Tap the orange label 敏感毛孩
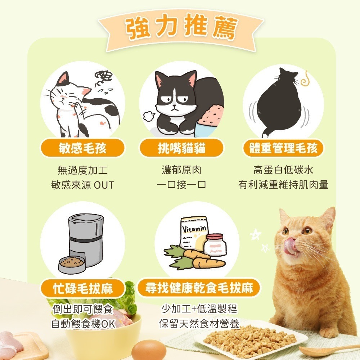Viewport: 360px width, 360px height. click(82, 148)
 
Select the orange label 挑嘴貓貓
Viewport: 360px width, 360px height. click(181, 148)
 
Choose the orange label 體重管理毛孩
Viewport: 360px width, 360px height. click(283, 148)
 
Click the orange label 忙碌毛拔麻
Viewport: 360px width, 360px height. click(82, 288)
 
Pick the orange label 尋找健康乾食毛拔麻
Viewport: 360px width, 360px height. click(199, 288)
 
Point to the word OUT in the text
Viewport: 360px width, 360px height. click(104, 185)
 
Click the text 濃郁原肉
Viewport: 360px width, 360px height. click(181, 170)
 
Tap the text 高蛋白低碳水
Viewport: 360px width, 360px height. click(283, 170)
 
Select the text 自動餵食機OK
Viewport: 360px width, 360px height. click(82, 324)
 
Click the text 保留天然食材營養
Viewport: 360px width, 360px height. click(199, 324)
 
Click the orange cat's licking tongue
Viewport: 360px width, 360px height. click(290, 246)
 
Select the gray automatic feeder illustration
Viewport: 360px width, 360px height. click(81, 241)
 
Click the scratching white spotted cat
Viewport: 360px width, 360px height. click(81, 104)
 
